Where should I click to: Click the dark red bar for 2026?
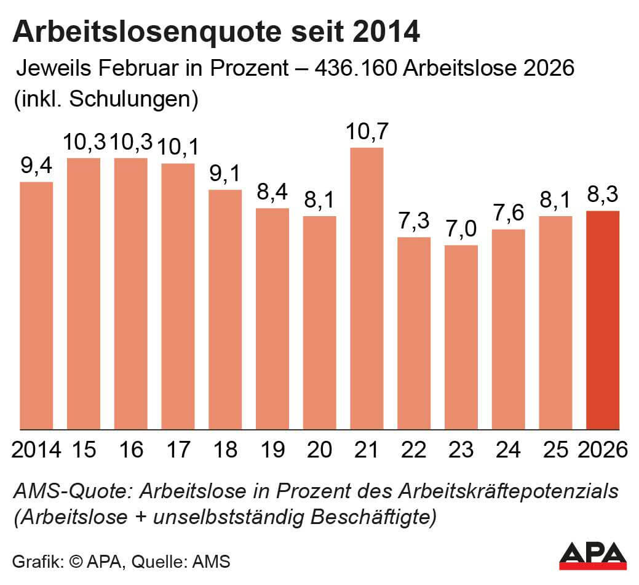click(x=603, y=320)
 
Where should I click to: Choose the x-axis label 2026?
click(x=603, y=450)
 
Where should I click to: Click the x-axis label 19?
click(x=272, y=450)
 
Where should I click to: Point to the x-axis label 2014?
click(x=36, y=450)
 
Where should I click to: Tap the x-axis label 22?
click(x=414, y=450)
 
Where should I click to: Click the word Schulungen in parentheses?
click(x=129, y=99)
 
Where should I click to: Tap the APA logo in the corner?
click(x=592, y=556)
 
